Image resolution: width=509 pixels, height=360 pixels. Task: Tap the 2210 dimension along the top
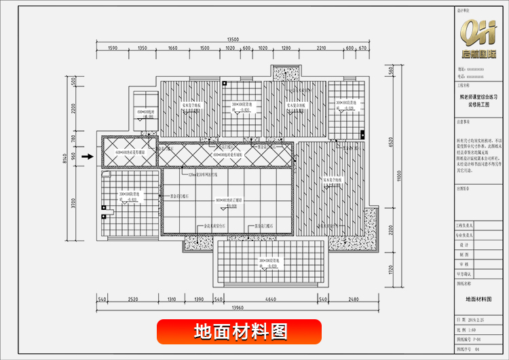pyautogui.click(x=321, y=48)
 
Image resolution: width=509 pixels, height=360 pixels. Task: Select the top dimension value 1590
pyautogui.click(x=113, y=48)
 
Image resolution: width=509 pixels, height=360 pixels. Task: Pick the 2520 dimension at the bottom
pyautogui.click(x=133, y=299)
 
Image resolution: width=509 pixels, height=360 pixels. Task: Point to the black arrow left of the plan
pyautogui.click(x=86, y=157)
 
